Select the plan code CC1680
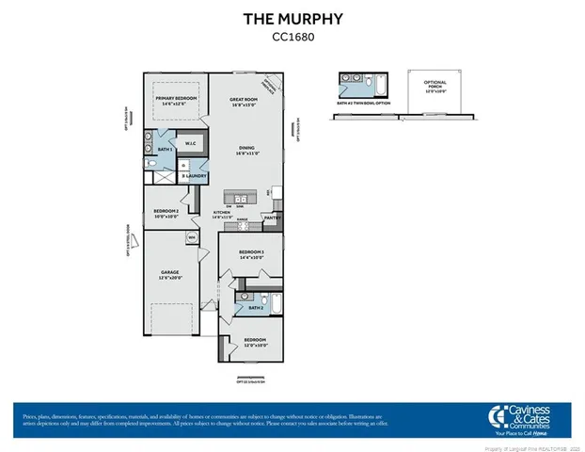(x=292, y=39)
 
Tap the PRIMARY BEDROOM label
(x=176, y=102)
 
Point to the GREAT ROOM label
(x=249, y=101)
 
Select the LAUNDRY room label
(x=195, y=176)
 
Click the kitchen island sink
(x=240, y=199)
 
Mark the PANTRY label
(x=272, y=218)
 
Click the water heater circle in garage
(x=191, y=237)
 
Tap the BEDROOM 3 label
(x=251, y=255)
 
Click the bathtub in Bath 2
(x=277, y=305)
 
